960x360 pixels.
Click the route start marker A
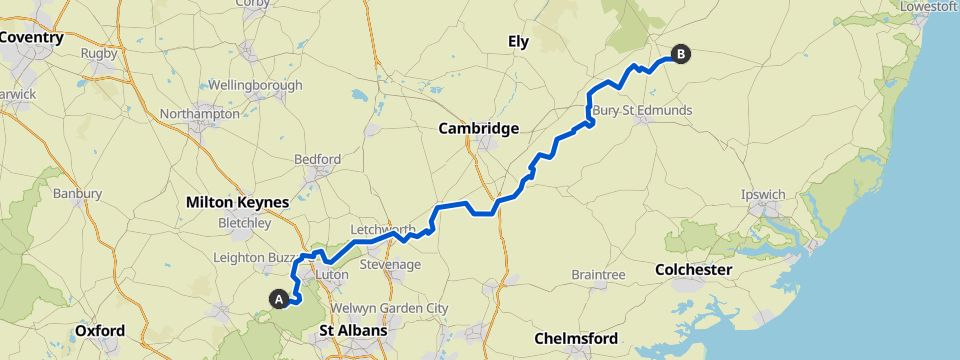(x=279, y=297)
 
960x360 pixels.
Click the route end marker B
(x=681, y=55)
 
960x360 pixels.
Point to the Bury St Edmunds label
(x=642, y=110)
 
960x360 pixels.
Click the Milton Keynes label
(x=237, y=202)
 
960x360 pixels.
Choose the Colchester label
(x=693, y=270)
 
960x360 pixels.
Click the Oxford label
(x=100, y=330)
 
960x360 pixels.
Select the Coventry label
(x=32, y=38)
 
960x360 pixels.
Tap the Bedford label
(x=317, y=159)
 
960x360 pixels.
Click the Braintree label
(x=598, y=274)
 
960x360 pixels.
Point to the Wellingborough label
(x=255, y=85)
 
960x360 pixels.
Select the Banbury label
(x=79, y=193)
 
